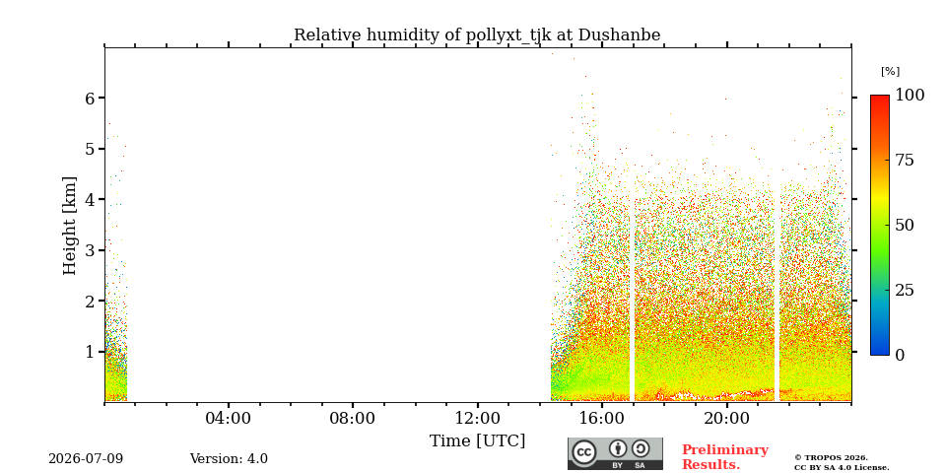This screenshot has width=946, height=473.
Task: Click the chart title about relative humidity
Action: point(477,35)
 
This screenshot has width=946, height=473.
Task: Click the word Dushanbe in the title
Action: point(619,35)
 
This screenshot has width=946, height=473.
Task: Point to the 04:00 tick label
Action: point(228,418)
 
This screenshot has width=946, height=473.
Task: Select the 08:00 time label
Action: point(353,418)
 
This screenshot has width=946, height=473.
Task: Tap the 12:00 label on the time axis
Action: point(477,418)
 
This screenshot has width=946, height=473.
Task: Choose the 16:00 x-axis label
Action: point(602,418)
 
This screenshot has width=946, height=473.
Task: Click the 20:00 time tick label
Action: point(726,418)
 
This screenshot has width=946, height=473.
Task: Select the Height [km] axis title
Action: point(70,226)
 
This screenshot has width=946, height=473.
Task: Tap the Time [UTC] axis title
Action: point(477,441)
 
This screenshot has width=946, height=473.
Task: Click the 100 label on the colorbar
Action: point(910,95)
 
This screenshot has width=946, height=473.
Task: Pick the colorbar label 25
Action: point(905,290)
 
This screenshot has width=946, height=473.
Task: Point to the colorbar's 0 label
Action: point(900,356)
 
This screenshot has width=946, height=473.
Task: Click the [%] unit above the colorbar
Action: point(890,72)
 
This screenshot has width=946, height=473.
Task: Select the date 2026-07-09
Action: point(86,459)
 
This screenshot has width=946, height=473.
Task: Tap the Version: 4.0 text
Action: point(229,459)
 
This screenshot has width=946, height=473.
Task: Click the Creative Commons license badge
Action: point(615,453)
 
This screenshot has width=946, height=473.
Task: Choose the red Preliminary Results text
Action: point(725,457)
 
